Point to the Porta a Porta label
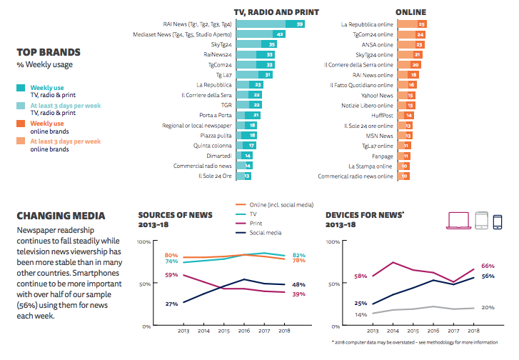[215, 115]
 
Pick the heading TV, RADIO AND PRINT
[276, 12]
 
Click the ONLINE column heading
[410, 12]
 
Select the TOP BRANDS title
[47, 52]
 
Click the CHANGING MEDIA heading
[61, 215]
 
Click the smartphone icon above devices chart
[498, 220]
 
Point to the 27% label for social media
[171, 304]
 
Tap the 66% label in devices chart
[488, 266]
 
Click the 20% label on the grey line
[488, 307]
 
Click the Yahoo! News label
[378, 94]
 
